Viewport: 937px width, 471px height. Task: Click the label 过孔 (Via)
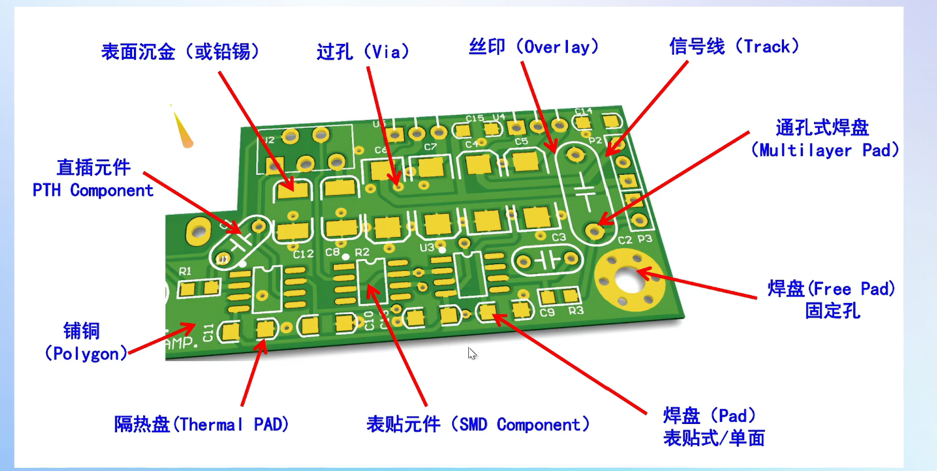tap(363, 52)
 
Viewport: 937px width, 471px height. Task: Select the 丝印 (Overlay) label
tap(533, 47)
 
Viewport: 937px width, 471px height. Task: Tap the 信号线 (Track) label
tap(734, 47)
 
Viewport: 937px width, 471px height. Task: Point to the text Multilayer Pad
tap(825, 150)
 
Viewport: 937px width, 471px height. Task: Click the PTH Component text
tap(93, 190)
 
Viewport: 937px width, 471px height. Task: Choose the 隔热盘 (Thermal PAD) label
tap(202, 424)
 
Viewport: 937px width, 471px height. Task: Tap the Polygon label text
tap(86, 354)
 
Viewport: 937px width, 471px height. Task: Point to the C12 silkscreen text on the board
tap(303, 254)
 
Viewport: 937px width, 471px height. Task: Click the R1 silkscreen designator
tap(185, 271)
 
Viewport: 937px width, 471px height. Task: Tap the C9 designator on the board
tap(547, 312)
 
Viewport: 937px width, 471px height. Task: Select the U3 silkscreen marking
tap(427, 248)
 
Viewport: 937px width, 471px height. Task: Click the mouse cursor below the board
tap(472, 354)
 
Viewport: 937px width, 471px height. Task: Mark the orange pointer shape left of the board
tap(182, 130)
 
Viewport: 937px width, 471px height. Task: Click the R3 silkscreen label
tap(576, 310)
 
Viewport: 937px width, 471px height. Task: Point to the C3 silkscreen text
tap(559, 237)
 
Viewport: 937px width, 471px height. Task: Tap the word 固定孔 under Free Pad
tap(832, 311)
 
